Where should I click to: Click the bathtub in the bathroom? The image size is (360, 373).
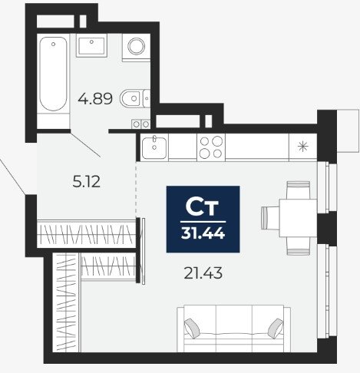[x=53, y=74]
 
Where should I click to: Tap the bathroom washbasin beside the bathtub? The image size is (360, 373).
[x=91, y=45]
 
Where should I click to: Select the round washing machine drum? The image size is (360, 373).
[x=137, y=46]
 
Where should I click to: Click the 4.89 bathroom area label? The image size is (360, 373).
[x=95, y=99]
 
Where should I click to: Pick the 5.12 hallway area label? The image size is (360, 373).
[x=86, y=182]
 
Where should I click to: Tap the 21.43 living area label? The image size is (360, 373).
[x=203, y=273]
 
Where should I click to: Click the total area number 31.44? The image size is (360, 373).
[x=203, y=233]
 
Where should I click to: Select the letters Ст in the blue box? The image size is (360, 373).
[x=202, y=206]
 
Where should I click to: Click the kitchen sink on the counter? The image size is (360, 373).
[x=154, y=147]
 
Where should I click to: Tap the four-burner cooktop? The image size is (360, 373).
[x=211, y=147]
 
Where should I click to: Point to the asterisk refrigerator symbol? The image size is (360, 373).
[x=303, y=147]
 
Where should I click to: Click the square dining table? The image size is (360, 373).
[x=298, y=218]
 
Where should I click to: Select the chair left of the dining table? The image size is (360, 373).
[x=270, y=218]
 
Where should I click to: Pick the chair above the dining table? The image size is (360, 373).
[x=299, y=190]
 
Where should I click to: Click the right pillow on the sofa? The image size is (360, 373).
[x=276, y=328]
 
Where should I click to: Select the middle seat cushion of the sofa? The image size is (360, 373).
[x=234, y=328]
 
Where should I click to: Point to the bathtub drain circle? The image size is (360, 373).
[x=53, y=45]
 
